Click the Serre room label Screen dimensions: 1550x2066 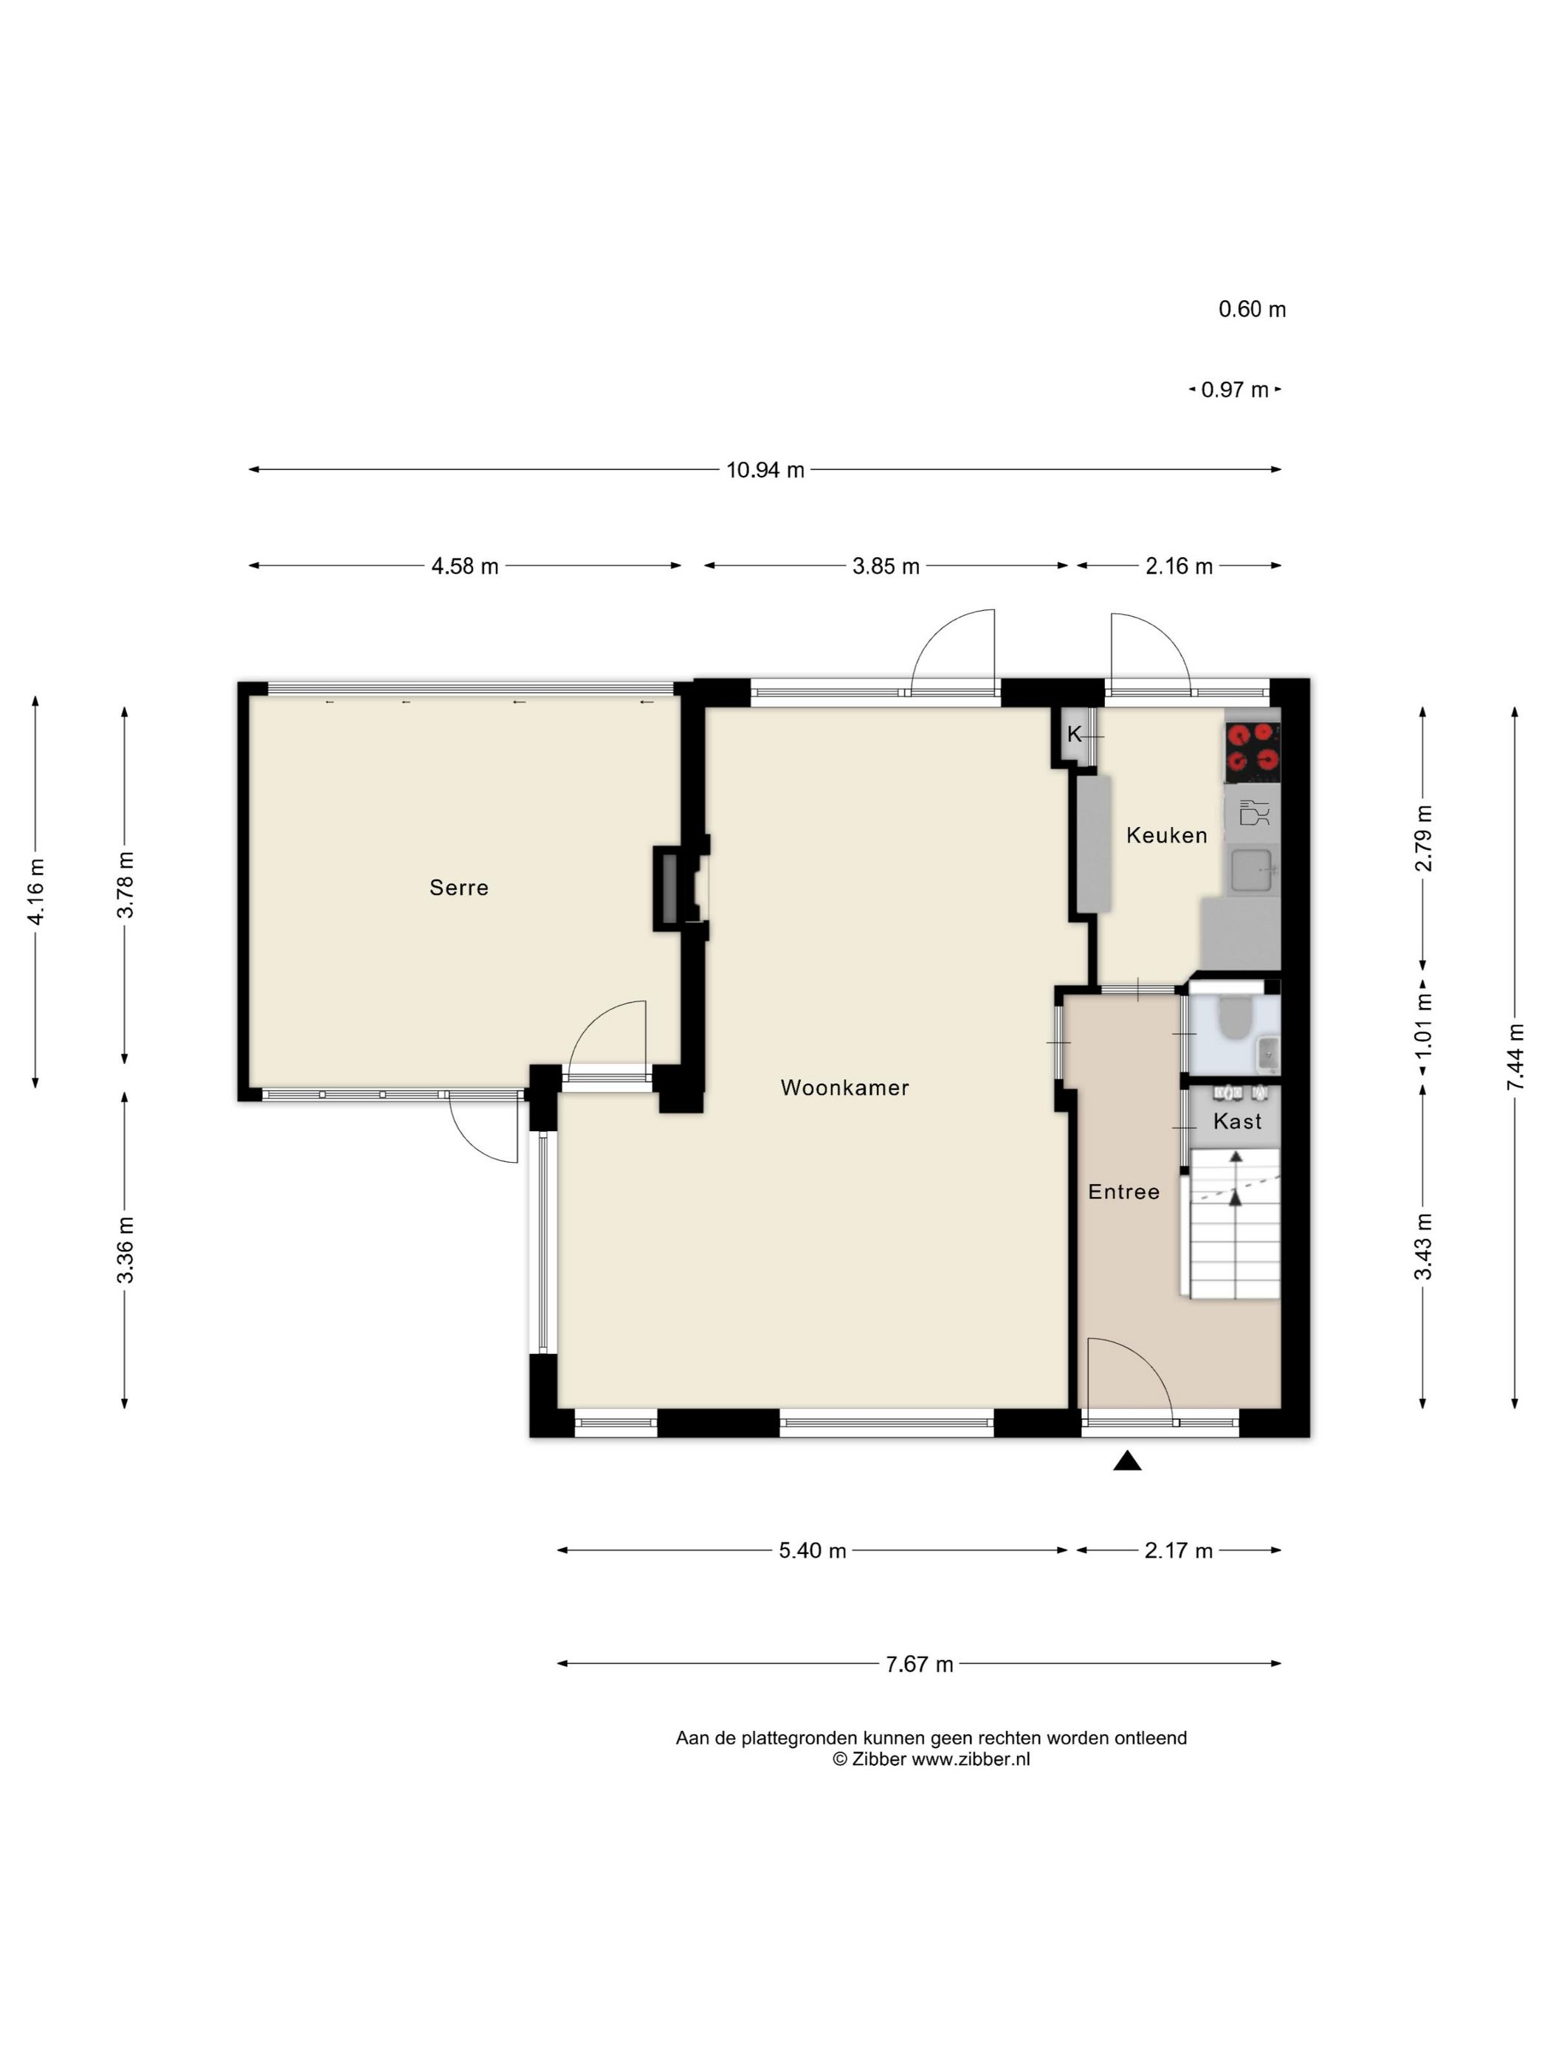[x=459, y=888]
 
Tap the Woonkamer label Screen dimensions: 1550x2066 [x=844, y=1087]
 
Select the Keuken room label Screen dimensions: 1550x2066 [x=1166, y=835]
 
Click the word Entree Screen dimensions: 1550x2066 [x=1124, y=1192]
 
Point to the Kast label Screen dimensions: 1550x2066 [x=1237, y=1121]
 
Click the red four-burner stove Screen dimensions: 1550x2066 [x=1252, y=752]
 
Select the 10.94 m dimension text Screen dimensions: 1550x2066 [x=765, y=470]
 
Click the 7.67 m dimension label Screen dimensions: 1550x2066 [x=920, y=1665]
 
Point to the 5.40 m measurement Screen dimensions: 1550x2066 [x=812, y=1550]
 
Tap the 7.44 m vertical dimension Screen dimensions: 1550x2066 [x=1515, y=1057]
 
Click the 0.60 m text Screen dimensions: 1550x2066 [x=1252, y=309]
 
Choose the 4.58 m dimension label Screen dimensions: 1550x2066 [x=464, y=566]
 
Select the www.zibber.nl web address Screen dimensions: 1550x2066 [x=971, y=1759]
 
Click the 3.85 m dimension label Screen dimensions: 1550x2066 [x=886, y=566]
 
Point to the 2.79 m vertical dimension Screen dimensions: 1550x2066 [x=1423, y=837]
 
